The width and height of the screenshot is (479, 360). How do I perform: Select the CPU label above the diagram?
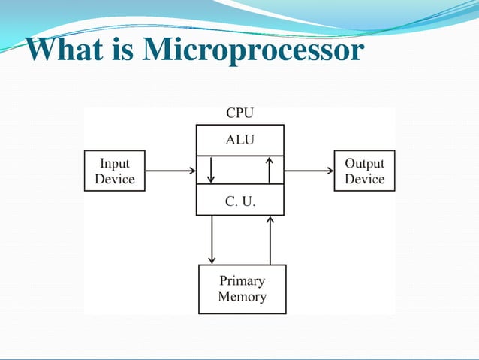coord(240,113)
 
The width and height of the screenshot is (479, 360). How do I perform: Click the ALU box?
coord(240,140)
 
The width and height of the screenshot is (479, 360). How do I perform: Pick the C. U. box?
coord(240,200)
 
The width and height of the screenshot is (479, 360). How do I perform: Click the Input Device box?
coord(115,171)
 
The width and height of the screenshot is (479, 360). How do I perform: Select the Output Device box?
coord(364,171)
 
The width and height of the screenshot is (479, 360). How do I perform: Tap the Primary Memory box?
coord(242,289)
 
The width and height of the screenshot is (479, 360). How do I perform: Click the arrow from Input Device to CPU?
coord(170,171)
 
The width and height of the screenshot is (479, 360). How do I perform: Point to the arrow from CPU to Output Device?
coord(309,171)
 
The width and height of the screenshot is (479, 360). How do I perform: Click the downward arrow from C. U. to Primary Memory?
coord(212,239)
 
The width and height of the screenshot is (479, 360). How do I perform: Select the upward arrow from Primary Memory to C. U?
coord(270,239)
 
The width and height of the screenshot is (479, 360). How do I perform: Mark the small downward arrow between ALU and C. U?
coord(212,171)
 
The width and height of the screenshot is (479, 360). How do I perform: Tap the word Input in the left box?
coord(115,163)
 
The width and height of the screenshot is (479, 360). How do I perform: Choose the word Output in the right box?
coord(364,163)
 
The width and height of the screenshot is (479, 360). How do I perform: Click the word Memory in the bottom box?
coord(242,297)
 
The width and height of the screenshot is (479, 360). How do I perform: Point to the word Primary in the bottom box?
coord(242,281)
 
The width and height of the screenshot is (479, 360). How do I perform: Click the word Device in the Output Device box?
coord(364,180)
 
